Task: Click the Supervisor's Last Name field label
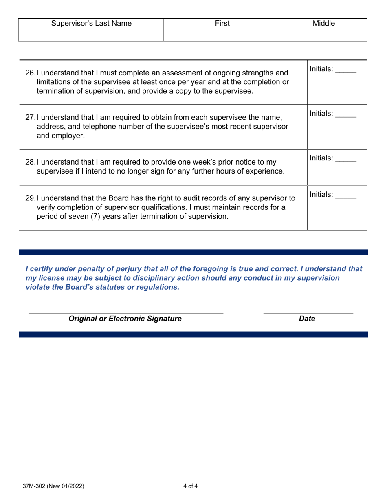(x=91, y=24)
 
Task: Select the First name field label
(x=222, y=24)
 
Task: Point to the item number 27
(x=30, y=118)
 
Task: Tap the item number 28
(x=30, y=162)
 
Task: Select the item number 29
(x=30, y=198)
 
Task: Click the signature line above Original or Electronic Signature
(x=125, y=313)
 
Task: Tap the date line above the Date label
(x=308, y=313)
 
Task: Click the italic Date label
(x=307, y=319)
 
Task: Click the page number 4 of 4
(x=190, y=486)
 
